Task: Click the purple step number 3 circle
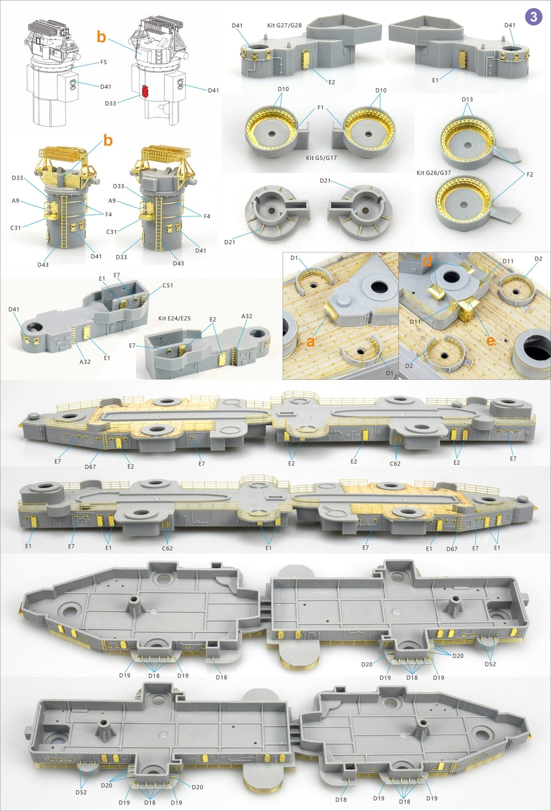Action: (x=533, y=17)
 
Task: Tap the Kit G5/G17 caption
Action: (x=321, y=158)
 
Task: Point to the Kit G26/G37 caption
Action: (x=434, y=173)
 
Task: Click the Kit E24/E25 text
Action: (x=175, y=319)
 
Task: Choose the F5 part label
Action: (x=104, y=62)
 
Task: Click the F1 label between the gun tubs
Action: (x=321, y=108)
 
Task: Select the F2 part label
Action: (x=530, y=175)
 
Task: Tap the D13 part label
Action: (x=467, y=100)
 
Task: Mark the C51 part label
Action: (x=168, y=286)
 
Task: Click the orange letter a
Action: (x=311, y=342)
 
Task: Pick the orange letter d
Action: (x=427, y=262)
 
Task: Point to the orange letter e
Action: (x=490, y=341)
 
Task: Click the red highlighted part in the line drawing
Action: (x=145, y=91)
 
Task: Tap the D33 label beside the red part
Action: (x=110, y=104)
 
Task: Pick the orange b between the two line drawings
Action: (x=101, y=37)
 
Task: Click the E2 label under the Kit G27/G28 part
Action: (x=331, y=82)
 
